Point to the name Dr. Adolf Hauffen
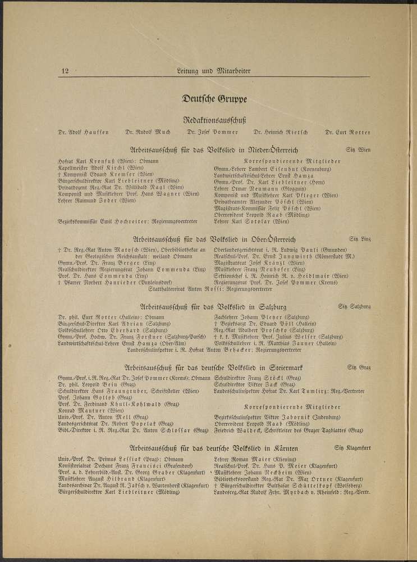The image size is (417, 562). (84, 133)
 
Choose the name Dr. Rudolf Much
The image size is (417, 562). (148, 133)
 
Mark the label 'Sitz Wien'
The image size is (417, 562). (358, 151)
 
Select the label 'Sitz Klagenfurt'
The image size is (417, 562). (355, 448)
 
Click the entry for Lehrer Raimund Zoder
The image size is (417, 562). (97, 200)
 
